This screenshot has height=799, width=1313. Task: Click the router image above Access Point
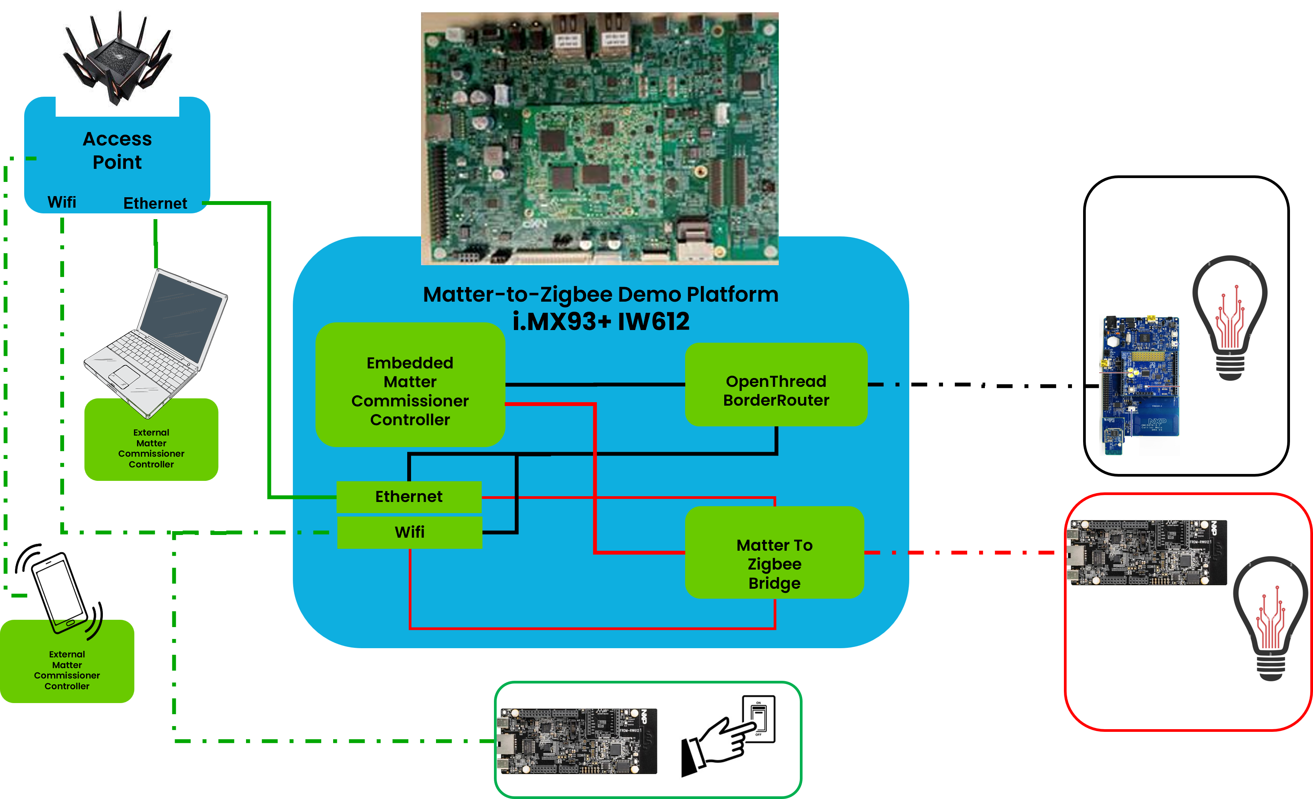[117, 56]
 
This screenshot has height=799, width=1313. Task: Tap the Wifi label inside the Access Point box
[62, 202]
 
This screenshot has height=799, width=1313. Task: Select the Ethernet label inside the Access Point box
[155, 203]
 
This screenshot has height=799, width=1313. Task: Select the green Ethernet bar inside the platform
[409, 497]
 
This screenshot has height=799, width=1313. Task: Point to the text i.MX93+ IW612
[601, 322]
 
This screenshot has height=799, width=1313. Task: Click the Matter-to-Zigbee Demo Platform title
[601, 294]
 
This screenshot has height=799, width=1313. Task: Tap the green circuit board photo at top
[600, 139]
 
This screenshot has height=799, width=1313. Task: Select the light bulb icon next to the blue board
[1230, 317]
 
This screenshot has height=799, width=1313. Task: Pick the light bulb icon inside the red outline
[1270, 618]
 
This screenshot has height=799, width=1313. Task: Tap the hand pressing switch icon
[728, 734]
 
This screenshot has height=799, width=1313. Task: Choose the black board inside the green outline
[576, 740]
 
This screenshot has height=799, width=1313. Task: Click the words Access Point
[117, 150]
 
